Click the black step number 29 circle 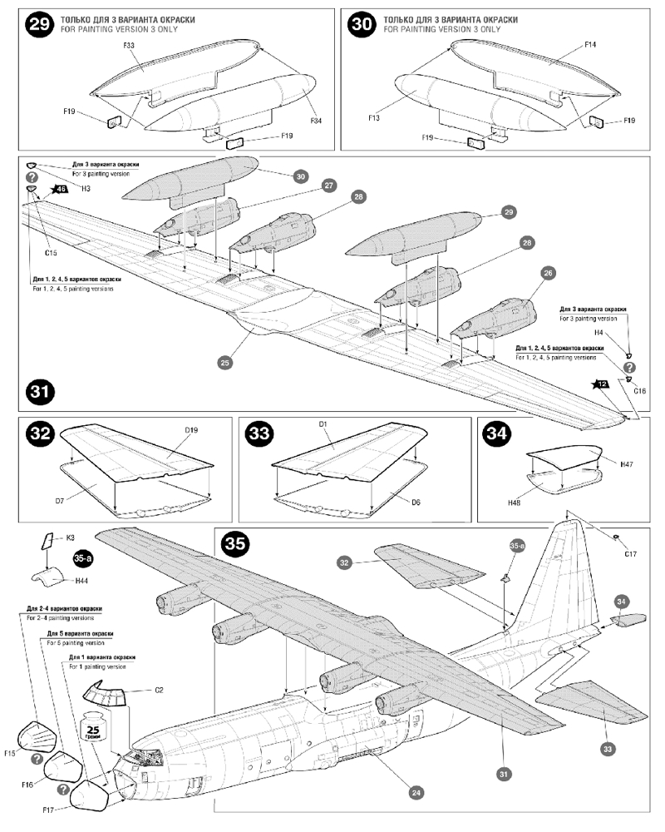[x=39, y=24]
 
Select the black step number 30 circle [x=362, y=24]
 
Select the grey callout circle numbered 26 [x=547, y=272]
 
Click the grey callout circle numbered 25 [x=224, y=363]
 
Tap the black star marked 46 [x=60, y=190]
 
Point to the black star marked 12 [x=601, y=384]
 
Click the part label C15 [x=51, y=252]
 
